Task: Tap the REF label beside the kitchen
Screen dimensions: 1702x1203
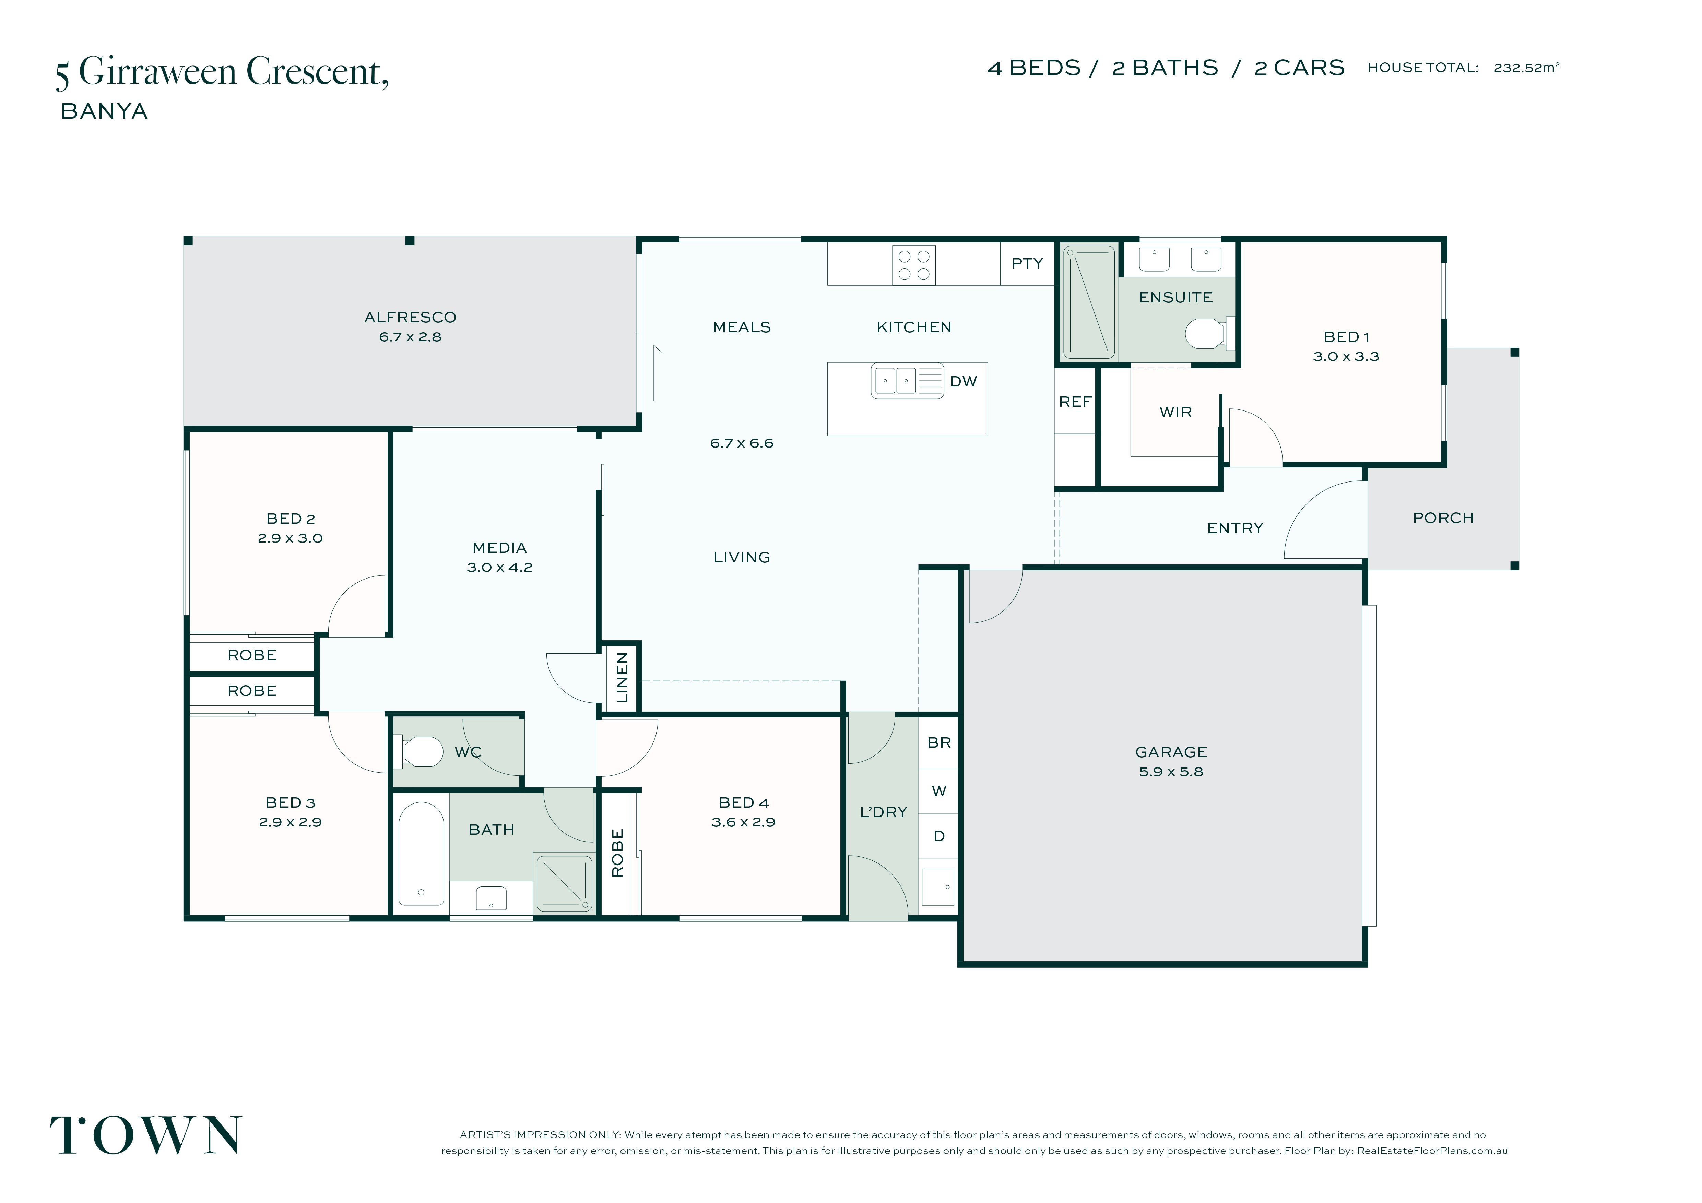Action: (1075, 402)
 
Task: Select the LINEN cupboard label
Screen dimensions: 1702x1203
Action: (622, 678)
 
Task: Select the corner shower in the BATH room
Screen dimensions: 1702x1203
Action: (564, 883)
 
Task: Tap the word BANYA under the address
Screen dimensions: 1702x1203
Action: (105, 111)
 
